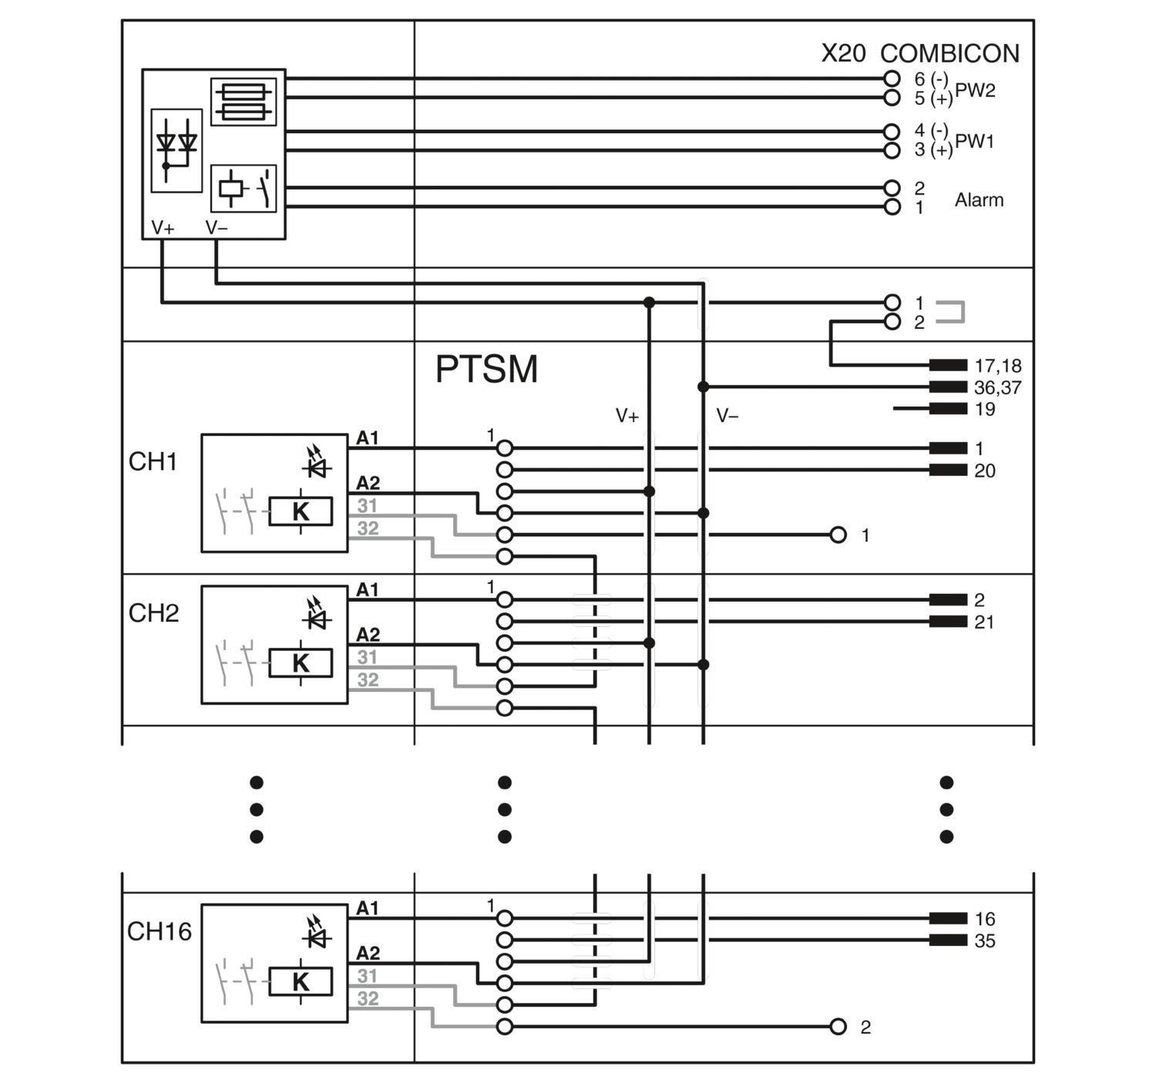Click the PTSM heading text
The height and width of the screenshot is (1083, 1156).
486,369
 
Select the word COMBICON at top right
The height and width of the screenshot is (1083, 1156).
949,54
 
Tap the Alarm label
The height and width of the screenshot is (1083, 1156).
979,200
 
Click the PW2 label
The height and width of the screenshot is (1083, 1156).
975,90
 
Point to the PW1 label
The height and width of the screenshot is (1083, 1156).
975,142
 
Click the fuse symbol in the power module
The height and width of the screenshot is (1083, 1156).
244,102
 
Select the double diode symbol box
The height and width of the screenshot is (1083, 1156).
176,150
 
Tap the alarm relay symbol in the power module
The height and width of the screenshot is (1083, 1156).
244,189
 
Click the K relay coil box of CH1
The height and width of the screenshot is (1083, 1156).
301,511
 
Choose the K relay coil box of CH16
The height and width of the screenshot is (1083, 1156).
301,982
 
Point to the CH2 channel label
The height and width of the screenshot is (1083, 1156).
153,613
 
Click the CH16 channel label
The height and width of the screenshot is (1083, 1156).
160,932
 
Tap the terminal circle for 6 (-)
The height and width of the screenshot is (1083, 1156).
892,79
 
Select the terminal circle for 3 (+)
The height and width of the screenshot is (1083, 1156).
892,151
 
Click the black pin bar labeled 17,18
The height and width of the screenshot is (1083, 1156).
948,365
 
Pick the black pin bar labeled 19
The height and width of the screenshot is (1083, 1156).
948,408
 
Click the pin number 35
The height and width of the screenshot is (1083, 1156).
985,941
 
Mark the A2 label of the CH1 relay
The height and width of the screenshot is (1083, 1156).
368,483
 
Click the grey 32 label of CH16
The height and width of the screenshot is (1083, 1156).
368,998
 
